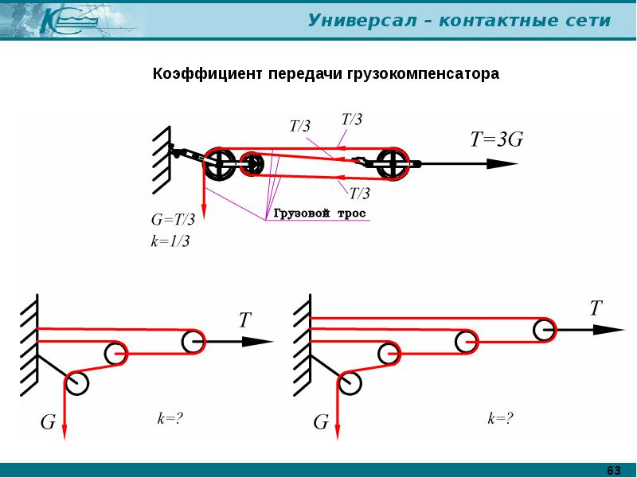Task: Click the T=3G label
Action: [496, 139]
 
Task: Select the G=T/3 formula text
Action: [173, 220]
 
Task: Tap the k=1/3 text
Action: [170, 241]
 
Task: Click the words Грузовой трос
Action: [320, 214]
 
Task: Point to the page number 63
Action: [614, 470]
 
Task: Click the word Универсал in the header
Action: [362, 19]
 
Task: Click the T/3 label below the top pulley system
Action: [359, 193]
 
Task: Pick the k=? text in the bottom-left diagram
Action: [170, 419]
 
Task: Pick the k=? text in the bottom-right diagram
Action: [501, 418]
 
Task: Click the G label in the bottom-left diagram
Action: [48, 422]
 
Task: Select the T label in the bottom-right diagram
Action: [596, 308]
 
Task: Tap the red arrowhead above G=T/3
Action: [204, 210]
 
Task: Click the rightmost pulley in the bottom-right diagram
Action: [545, 329]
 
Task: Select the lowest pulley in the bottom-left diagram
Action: [76, 383]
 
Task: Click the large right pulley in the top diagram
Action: [393, 164]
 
